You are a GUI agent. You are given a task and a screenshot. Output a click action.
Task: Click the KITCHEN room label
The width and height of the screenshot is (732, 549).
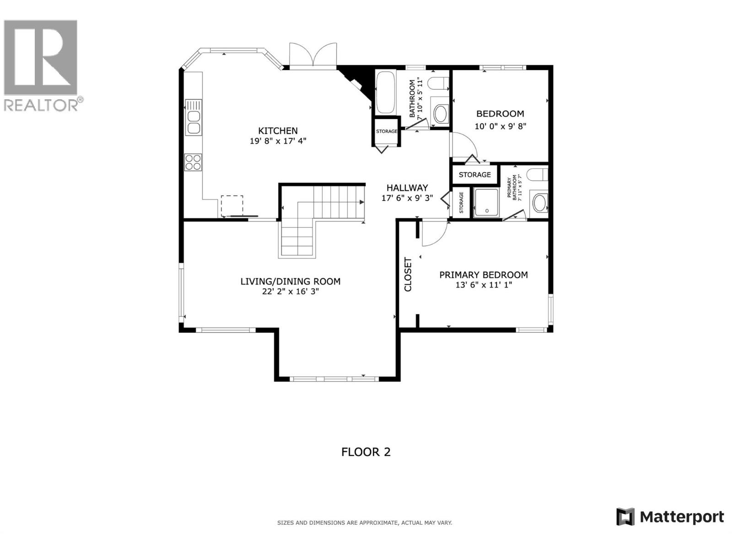coord(278,131)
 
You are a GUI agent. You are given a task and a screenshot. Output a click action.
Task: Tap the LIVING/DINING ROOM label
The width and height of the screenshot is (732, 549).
coord(291,281)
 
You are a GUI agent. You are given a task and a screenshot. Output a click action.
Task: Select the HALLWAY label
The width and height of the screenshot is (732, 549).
coord(407,188)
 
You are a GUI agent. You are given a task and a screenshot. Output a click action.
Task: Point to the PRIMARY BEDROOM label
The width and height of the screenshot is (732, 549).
coord(484,274)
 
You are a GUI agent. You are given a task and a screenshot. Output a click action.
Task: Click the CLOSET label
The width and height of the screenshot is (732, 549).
coord(408,274)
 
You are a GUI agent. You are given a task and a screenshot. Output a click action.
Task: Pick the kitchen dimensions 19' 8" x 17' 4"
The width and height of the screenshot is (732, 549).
coord(278,141)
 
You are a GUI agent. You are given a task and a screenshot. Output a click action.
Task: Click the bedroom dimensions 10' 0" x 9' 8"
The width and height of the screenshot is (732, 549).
coord(500,126)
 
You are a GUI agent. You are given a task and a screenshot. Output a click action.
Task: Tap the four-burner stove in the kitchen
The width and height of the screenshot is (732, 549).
coord(193,162)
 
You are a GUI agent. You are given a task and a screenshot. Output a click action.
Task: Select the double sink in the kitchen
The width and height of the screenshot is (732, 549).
coord(194,122)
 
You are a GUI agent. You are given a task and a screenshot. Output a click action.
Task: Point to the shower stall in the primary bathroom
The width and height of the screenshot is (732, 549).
coord(487,202)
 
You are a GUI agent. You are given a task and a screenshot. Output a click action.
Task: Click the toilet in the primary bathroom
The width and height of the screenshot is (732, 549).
coord(537,175)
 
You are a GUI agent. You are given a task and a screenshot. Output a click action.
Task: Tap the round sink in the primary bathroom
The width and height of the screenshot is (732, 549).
coord(539,203)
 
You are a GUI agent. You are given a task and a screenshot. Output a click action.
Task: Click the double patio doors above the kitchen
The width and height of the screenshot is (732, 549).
coord(313,56)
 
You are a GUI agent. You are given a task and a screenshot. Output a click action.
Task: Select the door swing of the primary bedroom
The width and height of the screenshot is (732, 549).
coord(435,233)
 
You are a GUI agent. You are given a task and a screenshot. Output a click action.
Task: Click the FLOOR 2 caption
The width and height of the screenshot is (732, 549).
coord(366,452)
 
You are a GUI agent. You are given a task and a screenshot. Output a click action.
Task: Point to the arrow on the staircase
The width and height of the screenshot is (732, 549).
coord(361,202)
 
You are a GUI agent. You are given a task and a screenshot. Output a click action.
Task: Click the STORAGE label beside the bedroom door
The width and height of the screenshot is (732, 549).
coord(474,175)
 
